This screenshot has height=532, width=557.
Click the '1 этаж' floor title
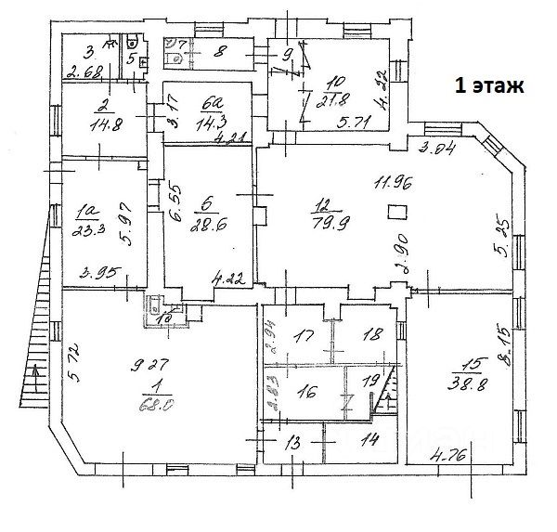(x=488, y=87)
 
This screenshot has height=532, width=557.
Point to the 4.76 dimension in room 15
(x=451, y=455)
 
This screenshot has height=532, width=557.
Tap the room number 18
(x=369, y=335)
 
